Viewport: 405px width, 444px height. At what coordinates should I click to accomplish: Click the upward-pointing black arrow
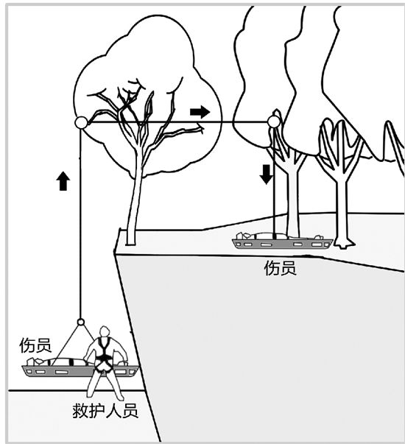point(63,181)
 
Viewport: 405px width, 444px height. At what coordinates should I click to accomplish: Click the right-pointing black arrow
point(200,112)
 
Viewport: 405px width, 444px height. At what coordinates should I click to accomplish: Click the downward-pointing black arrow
point(267,175)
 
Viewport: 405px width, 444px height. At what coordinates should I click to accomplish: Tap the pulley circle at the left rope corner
point(81,123)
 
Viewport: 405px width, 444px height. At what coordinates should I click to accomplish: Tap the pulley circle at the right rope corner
point(274,122)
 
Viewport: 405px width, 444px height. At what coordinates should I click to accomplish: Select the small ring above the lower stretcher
point(81,322)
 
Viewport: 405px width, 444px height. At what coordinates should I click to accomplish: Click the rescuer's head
point(105,332)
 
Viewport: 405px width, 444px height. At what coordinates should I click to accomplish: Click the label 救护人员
point(105,411)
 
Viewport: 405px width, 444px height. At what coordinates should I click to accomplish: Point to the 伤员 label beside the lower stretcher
point(35,345)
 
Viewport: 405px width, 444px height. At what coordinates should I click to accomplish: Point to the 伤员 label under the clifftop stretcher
point(281,268)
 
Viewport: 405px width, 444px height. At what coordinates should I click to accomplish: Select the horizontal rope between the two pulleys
point(177,122)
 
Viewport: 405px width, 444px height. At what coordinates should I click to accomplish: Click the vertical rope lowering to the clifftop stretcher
point(274,181)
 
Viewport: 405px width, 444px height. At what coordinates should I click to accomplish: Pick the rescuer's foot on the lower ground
point(121,397)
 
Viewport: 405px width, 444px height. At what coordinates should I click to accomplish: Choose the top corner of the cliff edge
point(120,229)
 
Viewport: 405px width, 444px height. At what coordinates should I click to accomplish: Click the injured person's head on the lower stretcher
point(32,362)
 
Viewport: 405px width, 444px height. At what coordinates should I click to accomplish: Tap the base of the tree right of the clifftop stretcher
point(344,244)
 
